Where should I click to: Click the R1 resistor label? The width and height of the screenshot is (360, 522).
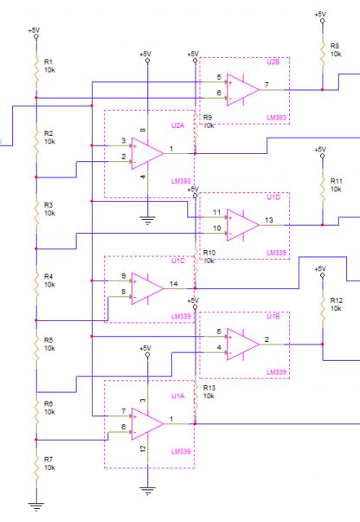(48, 61)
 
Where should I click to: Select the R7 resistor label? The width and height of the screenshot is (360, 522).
(48, 459)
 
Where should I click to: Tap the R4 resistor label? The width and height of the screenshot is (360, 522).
(48, 276)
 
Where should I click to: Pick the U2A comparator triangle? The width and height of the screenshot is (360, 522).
(148, 153)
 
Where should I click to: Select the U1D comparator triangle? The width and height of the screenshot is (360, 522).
(243, 223)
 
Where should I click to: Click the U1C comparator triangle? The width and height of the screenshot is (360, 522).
(148, 287)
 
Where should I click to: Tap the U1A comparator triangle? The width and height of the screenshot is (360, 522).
(148, 422)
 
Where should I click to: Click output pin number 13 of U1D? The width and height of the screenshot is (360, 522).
(270, 220)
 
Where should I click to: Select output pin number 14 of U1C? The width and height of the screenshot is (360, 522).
(175, 284)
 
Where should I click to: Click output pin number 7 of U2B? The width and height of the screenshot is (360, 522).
(267, 85)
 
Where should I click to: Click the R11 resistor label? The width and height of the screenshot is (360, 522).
(337, 181)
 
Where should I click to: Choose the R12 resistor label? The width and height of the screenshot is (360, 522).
(337, 300)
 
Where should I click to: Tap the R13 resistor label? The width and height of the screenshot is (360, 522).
(208, 389)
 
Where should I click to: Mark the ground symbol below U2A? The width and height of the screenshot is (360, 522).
(148, 222)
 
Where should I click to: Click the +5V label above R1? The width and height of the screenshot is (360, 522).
(34, 30)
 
